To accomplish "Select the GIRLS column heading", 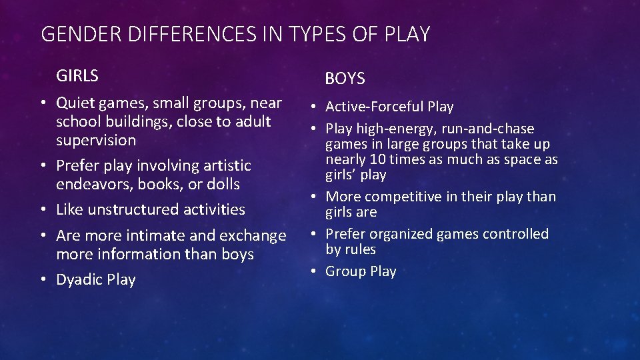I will [x=77, y=76].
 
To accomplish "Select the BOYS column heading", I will [x=345, y=79].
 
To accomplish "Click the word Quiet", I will [x=75, y=103].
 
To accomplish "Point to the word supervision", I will [x=96, y=141].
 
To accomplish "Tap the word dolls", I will [x=223, y=184].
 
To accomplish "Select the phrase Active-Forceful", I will [x=374, y=107].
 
